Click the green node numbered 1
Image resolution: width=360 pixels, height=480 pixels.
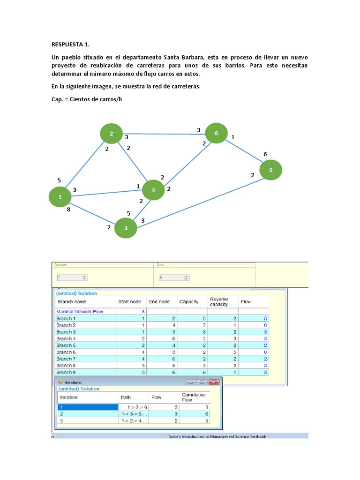tap(60, 197)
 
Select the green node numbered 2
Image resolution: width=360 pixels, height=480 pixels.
tap(111, 134)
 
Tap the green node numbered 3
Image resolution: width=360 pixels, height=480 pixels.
tap(126, 228)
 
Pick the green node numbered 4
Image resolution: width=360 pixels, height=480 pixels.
tap(153, 190)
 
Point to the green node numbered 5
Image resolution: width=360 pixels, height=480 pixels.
tap(271, 171)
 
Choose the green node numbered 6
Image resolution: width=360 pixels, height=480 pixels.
tap(216, 134)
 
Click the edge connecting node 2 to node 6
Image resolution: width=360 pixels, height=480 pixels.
tap(164, 134)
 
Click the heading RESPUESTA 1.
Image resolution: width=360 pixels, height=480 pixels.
tap(70, 45)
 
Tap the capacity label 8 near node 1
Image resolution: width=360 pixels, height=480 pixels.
tap(68, 210)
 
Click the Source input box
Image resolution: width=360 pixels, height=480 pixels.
tap(72, 277)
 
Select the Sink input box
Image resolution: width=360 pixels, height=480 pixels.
tap(173, 277)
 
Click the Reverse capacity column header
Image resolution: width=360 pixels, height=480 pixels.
tap(219, 302)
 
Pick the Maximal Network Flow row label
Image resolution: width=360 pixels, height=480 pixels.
tap(80, 311)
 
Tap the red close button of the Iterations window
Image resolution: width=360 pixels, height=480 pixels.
tap(214, 382)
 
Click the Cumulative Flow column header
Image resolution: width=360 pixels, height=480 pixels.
tap(194, 397)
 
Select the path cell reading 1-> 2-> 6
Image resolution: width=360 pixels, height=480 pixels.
tap(134, 407)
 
